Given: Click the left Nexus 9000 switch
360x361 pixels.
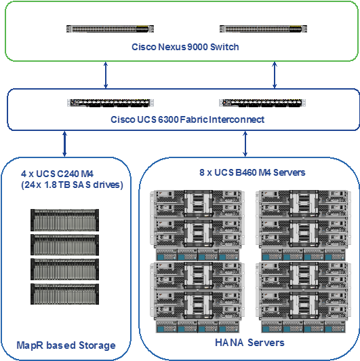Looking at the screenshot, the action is pyautogui.click(x=110, y=29).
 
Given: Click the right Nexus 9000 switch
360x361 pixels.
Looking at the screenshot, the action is pyautogui.click(x=263, y=29).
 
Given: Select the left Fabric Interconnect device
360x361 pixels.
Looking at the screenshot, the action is pyautogui.click(x=111, y=103).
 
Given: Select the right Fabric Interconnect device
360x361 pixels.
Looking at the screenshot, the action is pyautogui.click(x=262, y=103).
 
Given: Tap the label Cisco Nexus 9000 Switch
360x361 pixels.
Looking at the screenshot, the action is pyautogui.click(x=185, y=47).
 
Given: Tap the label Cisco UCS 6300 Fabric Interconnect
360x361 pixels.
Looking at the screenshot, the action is pyautogui.click(x=188, y=119).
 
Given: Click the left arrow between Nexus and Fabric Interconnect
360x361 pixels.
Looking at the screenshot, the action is pyautogui.click(x=106, y=75).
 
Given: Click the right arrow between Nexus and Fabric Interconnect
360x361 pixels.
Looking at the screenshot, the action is pyautogui.click(x=275, y=75).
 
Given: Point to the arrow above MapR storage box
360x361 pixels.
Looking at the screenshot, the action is pyautogui.click(x=64, y=144).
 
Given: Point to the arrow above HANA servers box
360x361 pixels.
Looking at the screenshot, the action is pyautogui.click(x=245, y=144).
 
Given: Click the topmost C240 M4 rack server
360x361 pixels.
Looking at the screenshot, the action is pyautogui.click(x=64, y=220).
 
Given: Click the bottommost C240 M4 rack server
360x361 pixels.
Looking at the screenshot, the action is pyautogui.click(x=64, y=294).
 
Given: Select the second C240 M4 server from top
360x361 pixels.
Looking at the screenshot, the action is pyautogui.click(x=64, y=245).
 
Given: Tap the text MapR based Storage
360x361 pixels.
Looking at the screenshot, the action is pyautogui.click(x=66, y=345).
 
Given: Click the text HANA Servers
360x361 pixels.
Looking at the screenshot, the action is pyautogui.click(x=249, y=343).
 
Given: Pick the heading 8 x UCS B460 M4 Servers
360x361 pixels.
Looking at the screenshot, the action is pyautogui.click(x=252, y=172).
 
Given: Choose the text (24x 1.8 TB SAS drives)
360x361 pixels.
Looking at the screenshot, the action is pyautogui.click(x=72, y=185).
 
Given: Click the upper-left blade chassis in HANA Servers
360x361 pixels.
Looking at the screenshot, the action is pyautogui.click(x=197, y=225).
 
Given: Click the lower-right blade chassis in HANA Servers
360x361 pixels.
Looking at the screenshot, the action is pyautogui.click(x=304, y=297).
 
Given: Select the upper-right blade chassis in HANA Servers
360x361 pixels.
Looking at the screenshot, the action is pyautogui.click(x=304, y=225).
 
